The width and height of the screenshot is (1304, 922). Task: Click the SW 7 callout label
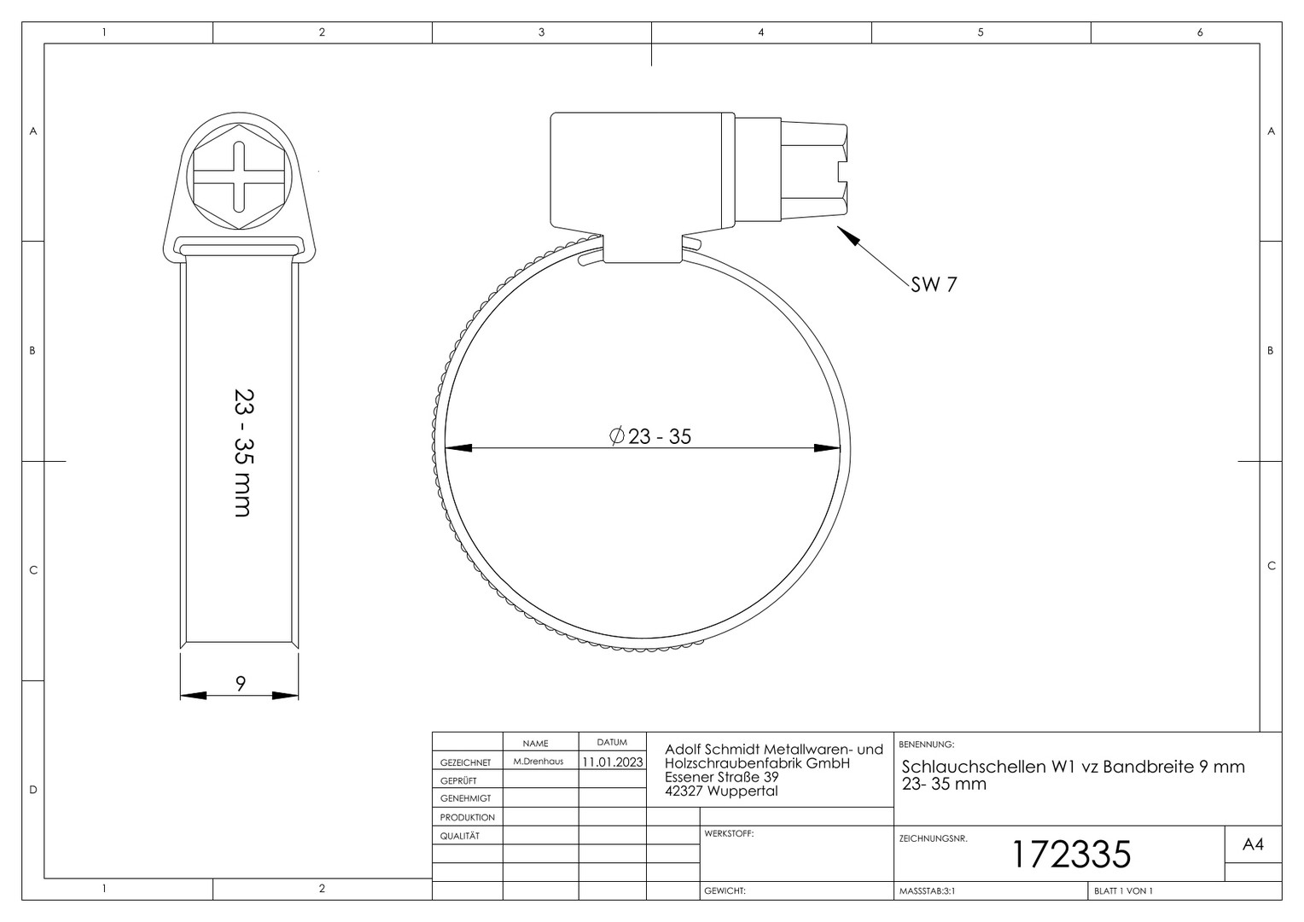[x=934, y=284]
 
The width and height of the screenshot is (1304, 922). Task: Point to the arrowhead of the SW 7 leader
[x=848, y=236]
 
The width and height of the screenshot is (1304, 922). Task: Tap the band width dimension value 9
[x=241, y=683]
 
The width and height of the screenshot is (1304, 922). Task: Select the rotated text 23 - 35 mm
[x=243, y=452]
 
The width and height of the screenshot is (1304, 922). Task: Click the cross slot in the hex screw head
[x=239, y=177]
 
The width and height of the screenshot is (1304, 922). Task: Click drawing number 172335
[x=1071, y=855]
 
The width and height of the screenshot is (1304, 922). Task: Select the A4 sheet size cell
[x=1254, y=844]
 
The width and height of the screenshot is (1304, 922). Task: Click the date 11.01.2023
[x=613, y=762]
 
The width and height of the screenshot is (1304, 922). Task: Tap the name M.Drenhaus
[x=538, y=762]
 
